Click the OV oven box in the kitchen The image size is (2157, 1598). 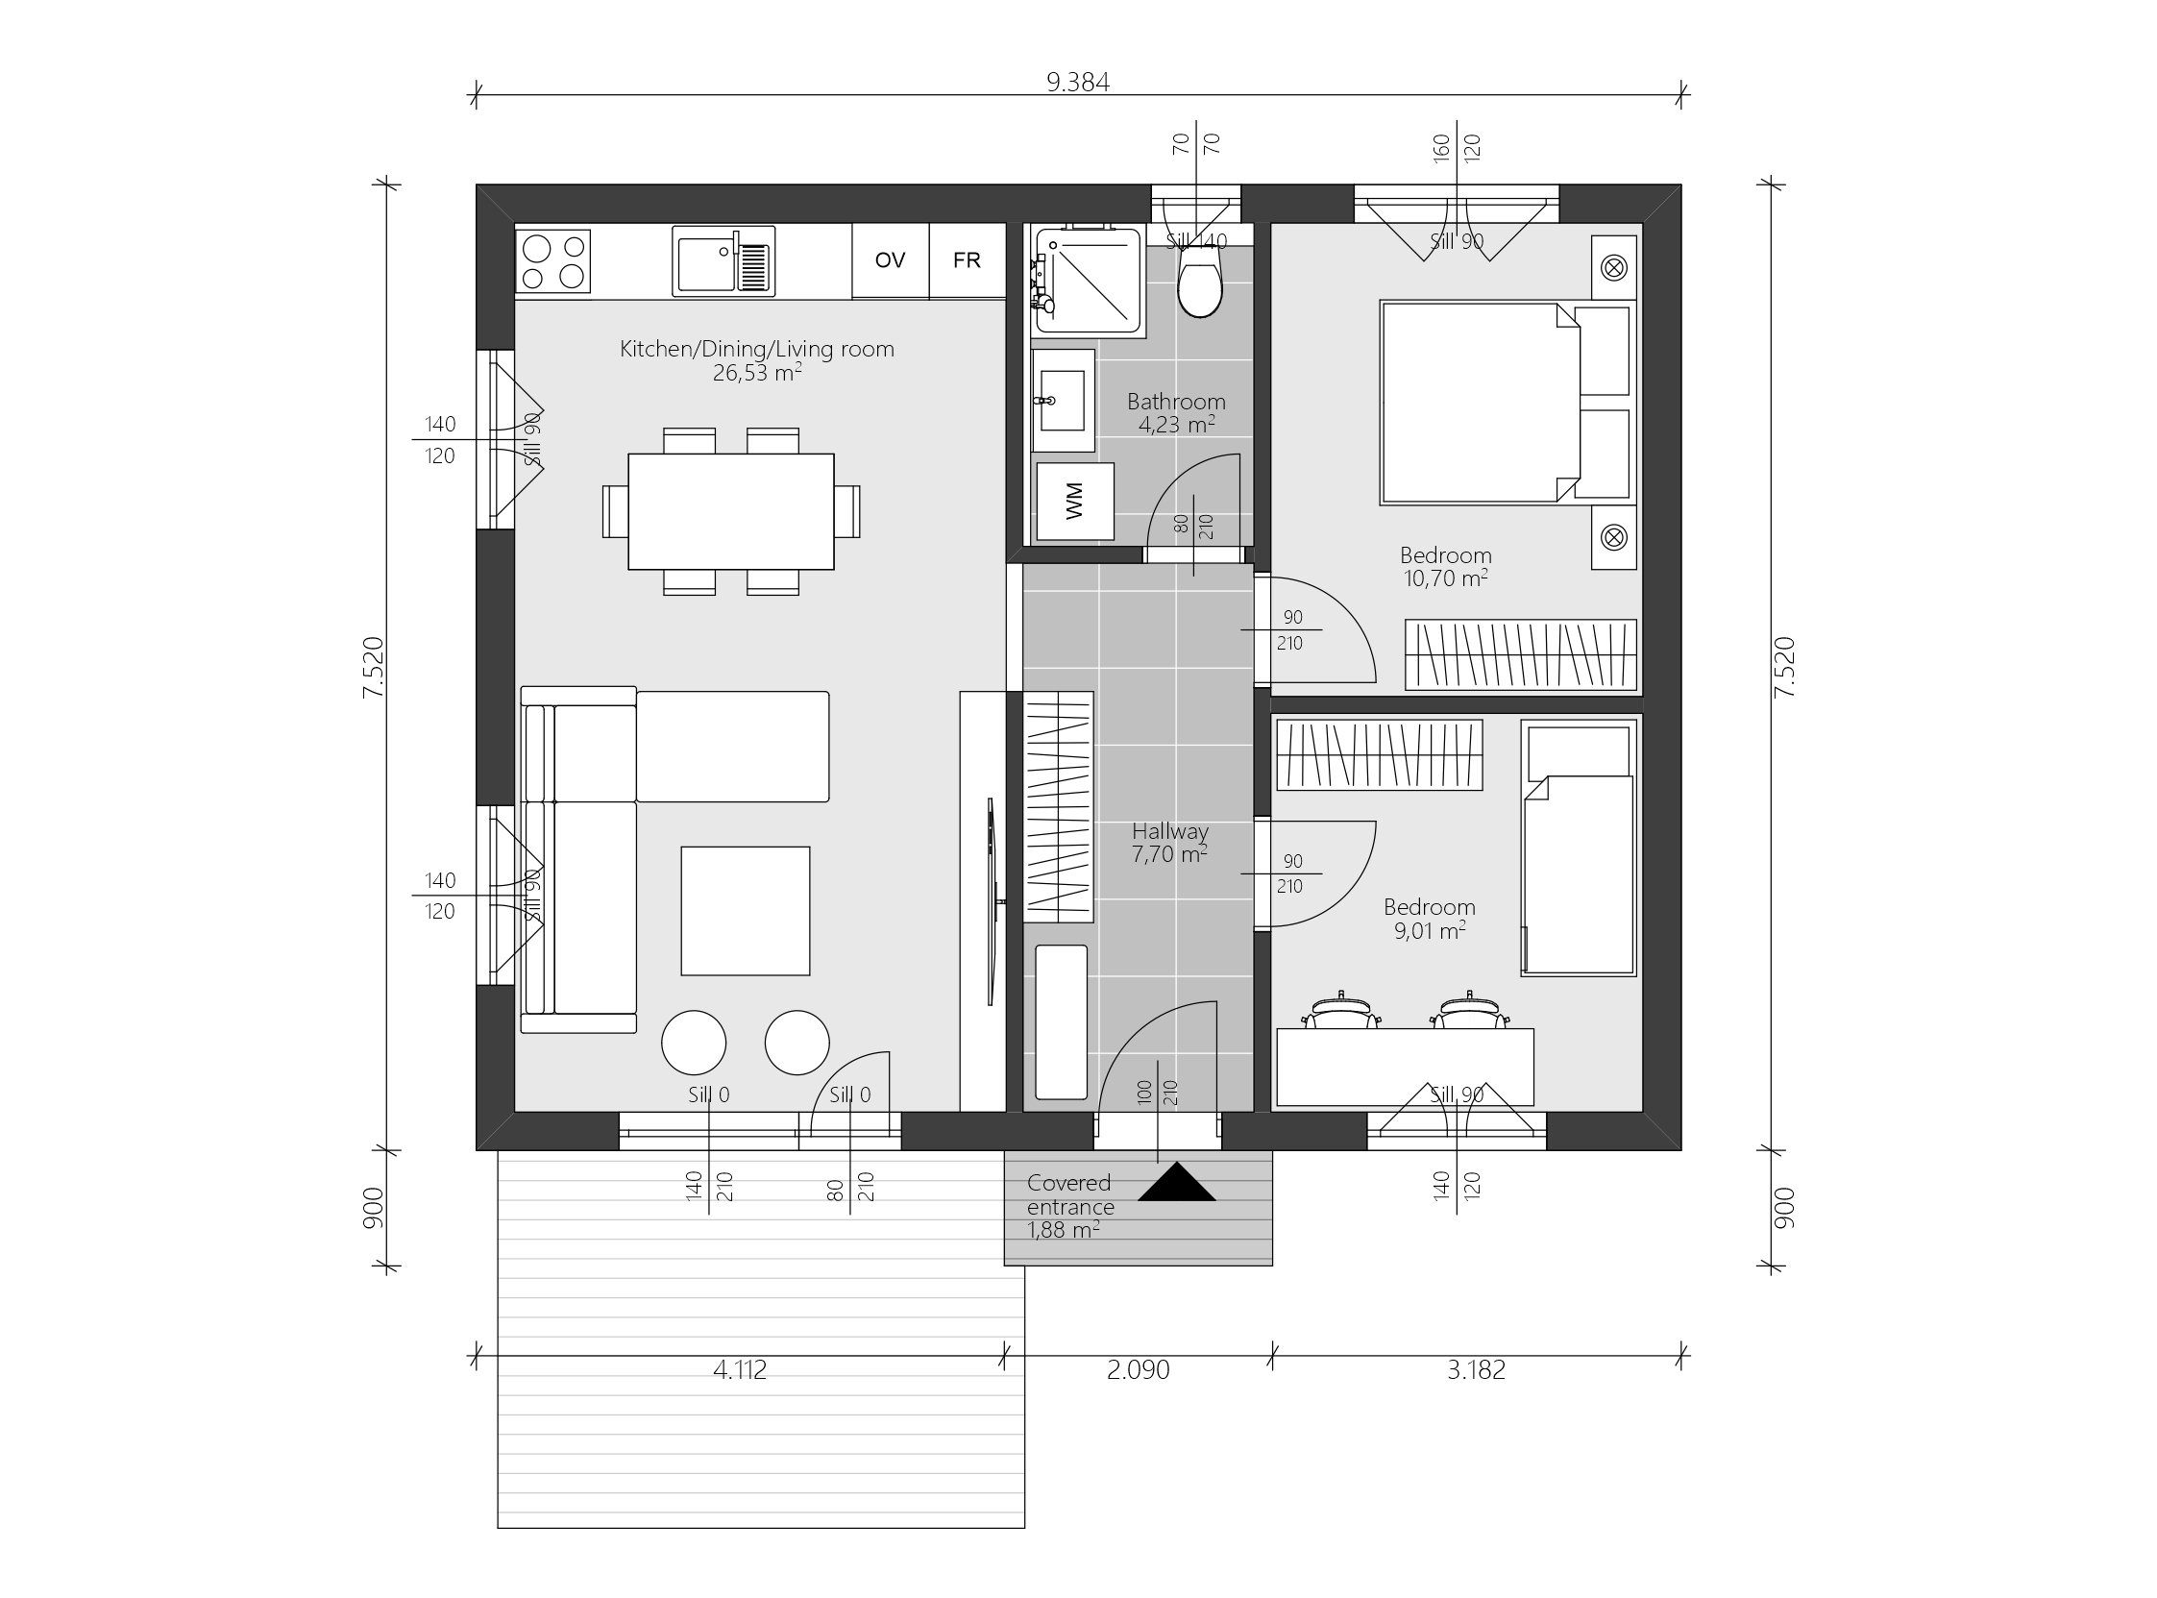click(890, 260)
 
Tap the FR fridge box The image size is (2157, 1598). click(967, 260)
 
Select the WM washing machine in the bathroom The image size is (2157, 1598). click(1074, 501)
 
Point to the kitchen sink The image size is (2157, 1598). click(723, 261)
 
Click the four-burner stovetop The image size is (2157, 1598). click(552, 261)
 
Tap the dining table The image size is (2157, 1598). click(730, 511)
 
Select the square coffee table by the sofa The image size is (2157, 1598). click(745, 910)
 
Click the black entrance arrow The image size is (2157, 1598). click(1176, 1183)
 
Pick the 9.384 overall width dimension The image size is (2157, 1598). click(1077, 83)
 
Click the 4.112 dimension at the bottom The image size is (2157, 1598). click(739, 1369)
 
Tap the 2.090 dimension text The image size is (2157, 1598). click(1138, 1369)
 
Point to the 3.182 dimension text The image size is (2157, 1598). click(1476, 1369)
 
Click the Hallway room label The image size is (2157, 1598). click(1170, 831)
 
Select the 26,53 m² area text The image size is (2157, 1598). click(756, 373)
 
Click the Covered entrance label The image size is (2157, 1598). click(1069, 1194)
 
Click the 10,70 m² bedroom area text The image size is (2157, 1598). click(1445, 578)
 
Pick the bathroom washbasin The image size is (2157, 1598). click(1063, 401)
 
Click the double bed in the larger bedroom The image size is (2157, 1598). click(1480, 403)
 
